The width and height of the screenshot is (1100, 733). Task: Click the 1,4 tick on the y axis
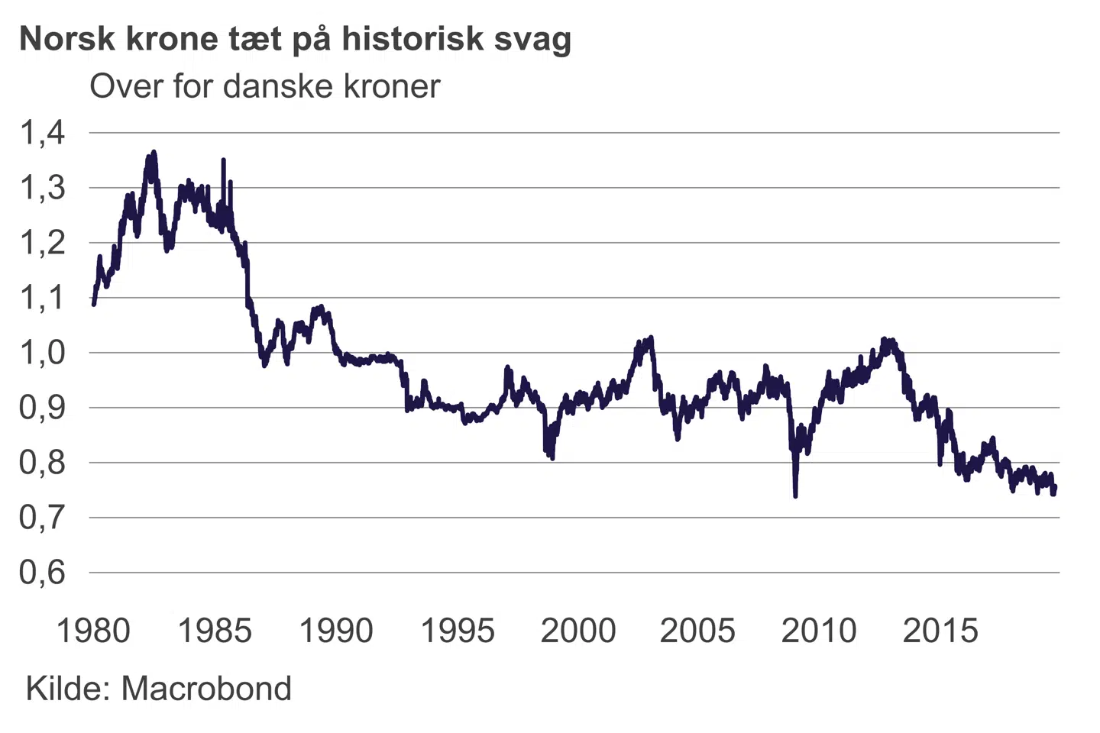pyautogui.click(x=42, y=133)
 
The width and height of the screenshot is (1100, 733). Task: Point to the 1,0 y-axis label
pyautogui.click(x=42, y=353)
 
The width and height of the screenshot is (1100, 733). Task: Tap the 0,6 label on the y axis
pyautogui.click(x=42, y=573)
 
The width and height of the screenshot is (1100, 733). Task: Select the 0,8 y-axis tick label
pyautogui.click(x=42, y=463)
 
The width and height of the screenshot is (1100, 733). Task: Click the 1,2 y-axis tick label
pyautogui.click(x=42, y=243)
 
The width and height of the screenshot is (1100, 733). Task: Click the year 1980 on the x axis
pyautogui.click(x=93, y=631)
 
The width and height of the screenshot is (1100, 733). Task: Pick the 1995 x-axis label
pyautogui.click(x=458, y=631)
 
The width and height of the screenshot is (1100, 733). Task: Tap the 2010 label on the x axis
pyautogui.click(x=819, y=631)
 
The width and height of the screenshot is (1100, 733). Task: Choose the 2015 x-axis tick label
pyautogui.click(x=940, y=631)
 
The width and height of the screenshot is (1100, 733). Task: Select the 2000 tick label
pyautogui.click(x=578, y=631)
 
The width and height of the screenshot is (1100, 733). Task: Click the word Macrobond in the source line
pyautogui.click(x=206, y=689)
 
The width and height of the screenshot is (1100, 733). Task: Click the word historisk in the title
pyautogui.click(x=412, y=38)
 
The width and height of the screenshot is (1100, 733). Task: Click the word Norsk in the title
pyautogui.click(x=66, y=38)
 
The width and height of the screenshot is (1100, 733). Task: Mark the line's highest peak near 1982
pyautogui.click(x=154, y=152)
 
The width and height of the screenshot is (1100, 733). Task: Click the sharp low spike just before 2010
pyautogui.click(x=795, y=496)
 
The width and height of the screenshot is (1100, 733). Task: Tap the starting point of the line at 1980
pyautogui.click(x=93, y=304)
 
